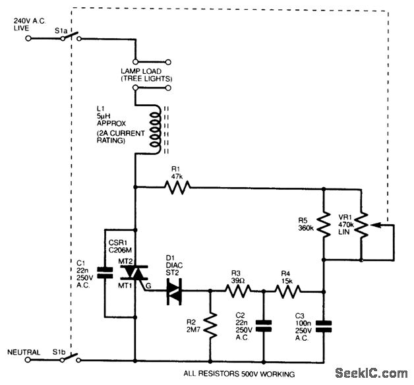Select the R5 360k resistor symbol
click(324, 225)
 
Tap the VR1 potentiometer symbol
click(361, 225)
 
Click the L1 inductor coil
click(155, 128)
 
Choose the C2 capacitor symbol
click(264, 325)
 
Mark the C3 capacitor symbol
click(324, 325)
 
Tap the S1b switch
click(71, 359)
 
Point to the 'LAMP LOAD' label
click(146, 71)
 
